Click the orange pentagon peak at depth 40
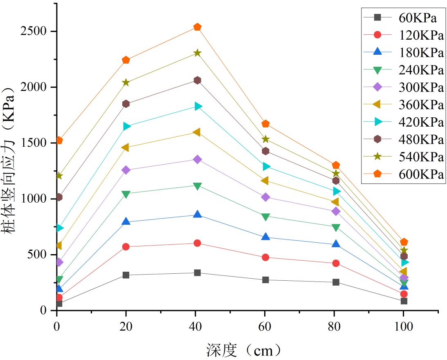click(197, 27)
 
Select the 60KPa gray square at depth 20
click(126, 275)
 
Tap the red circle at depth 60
click(265, 257)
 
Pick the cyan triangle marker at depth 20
click(127, 126)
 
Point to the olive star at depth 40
click(197, 53)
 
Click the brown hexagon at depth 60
click(265, 151)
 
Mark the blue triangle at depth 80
click(336, 244)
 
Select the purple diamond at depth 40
click(197, 159)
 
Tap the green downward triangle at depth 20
click(126, 194)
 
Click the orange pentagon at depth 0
click(59, 141)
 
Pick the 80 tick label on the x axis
click(335, 327)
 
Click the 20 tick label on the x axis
click(126, 327)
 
